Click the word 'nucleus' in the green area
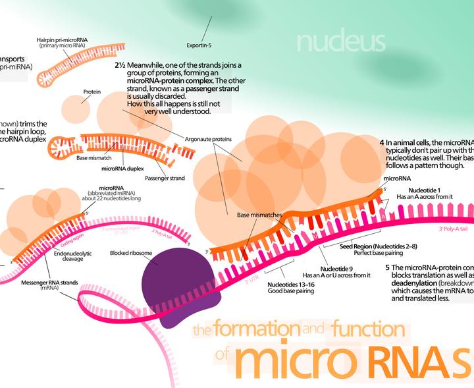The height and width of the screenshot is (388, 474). click(340, 42)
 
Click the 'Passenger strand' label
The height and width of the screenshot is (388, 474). click(165, 178)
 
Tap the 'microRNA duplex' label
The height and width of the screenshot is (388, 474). click(122, 168)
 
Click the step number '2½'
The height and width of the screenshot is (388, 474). click(120, 65)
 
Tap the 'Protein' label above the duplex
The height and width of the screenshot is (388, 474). click(92, 92)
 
